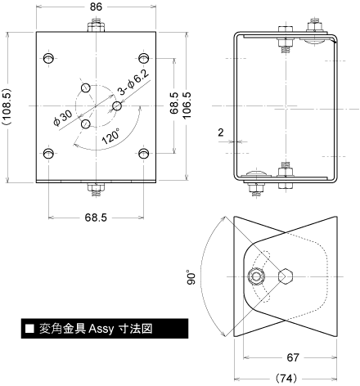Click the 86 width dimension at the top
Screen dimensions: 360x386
pos(96,7)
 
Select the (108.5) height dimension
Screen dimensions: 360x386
pos(7,106)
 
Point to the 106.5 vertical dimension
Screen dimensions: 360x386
pos(187,105)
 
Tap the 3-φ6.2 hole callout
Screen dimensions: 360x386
pos(133,83)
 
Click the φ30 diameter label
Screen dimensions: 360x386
pos(63,118)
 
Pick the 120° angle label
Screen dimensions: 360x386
pos(110,136)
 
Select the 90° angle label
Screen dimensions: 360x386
pos(191,277)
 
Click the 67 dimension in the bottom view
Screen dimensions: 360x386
pos(293,357)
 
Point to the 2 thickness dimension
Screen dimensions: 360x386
pos(221,132)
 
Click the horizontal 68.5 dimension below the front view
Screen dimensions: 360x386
pos(96,218)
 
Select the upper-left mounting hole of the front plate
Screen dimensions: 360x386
pos(48,58)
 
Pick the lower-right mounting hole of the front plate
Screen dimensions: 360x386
pos(143,154)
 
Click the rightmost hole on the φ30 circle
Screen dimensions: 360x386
pos(117,105)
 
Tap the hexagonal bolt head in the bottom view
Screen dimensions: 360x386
pos(286,276)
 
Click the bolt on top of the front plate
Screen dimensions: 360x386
pos(96,25)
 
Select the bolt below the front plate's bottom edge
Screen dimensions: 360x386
pos(96,189)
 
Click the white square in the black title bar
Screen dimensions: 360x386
pos(30,329)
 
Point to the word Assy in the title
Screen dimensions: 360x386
pos(101,329)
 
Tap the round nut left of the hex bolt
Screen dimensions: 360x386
pos(256,276)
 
